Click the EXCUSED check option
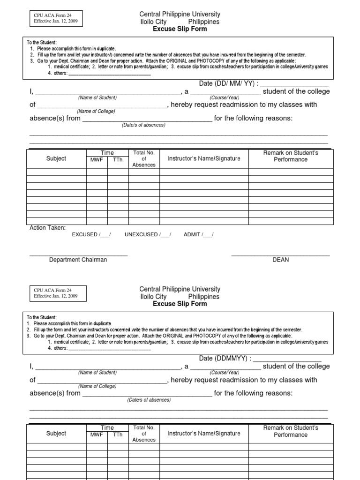[x=91, y=234]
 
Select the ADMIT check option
[x=198, y=234]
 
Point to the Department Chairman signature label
[x=78, y=260]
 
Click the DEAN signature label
[x=281, y=260]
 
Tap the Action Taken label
[x=48, y=228]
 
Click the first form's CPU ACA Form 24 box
[x=56, y=18]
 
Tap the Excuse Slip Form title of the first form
[x=180, y=29]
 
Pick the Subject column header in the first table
[x=56, y=158]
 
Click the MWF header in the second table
[x=97, y=435]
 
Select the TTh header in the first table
[x=118, y=160]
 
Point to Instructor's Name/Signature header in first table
[x=204, y=158]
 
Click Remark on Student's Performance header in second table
[x=291, y=431]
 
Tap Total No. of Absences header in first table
[x=144, y=159]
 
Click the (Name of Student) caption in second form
[x=97, y=373]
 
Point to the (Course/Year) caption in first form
[x=225, y=97]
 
